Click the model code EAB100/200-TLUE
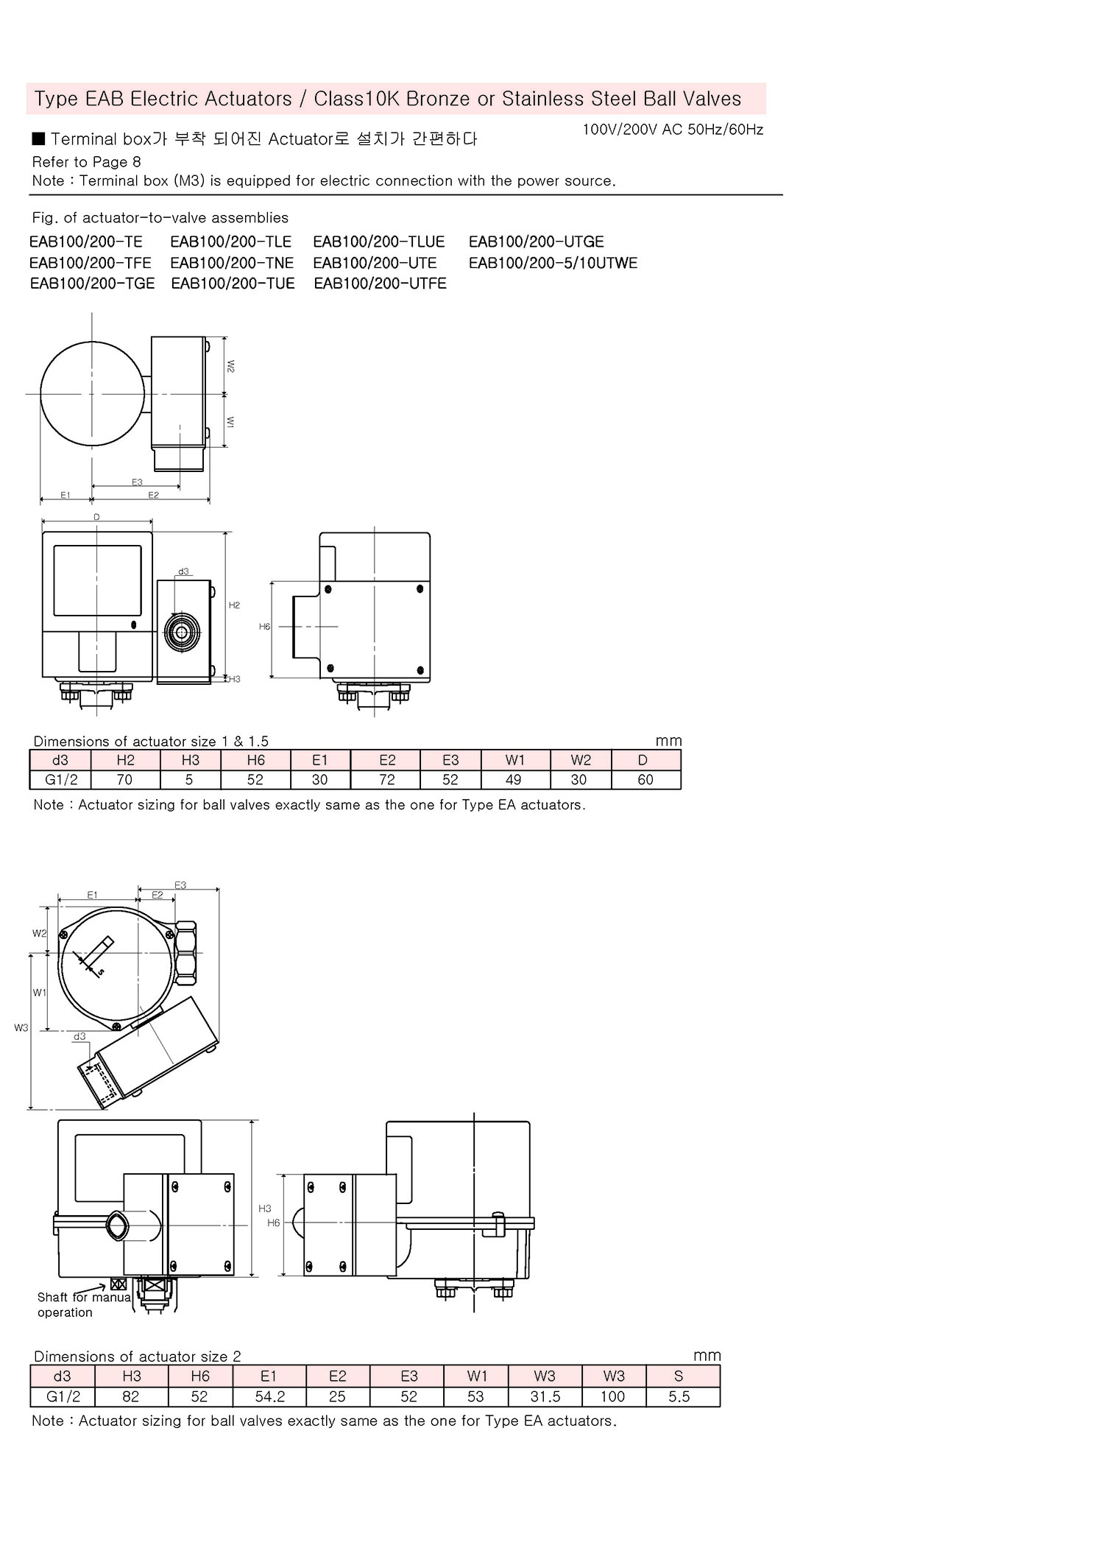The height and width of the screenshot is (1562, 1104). pos(379,242)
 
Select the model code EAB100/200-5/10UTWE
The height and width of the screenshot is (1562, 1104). pos(553,263)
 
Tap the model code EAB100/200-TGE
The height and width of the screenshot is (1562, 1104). pos(92,284)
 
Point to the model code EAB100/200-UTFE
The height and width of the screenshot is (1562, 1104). pos(380,284)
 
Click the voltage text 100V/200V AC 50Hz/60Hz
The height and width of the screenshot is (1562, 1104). pos(673,130)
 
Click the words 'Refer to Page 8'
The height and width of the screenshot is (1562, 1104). pos(86,162)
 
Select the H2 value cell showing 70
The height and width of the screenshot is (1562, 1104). pos(125,779)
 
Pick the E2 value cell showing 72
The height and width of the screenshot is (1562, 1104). pos(386,779)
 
